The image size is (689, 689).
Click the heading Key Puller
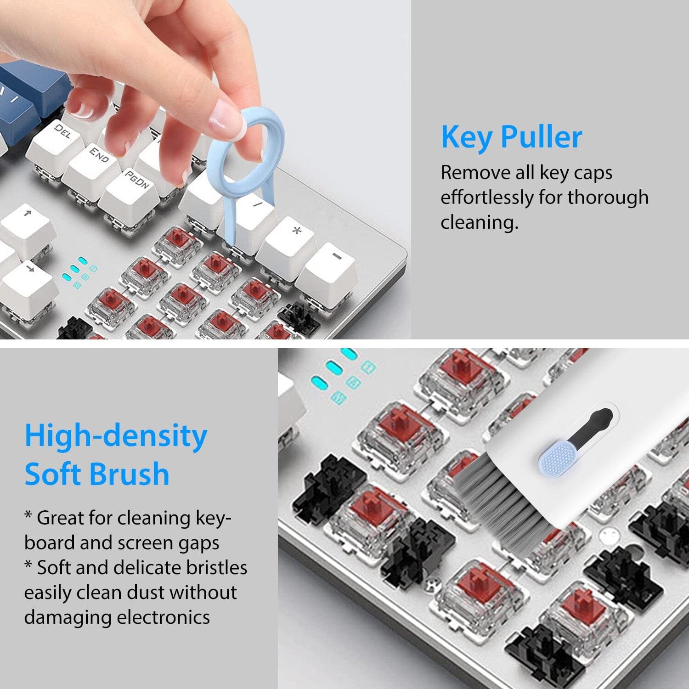[x=511, y=137]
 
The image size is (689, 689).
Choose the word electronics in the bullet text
[x=163, y=617]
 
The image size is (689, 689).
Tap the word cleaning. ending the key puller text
[x=479, y=222]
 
